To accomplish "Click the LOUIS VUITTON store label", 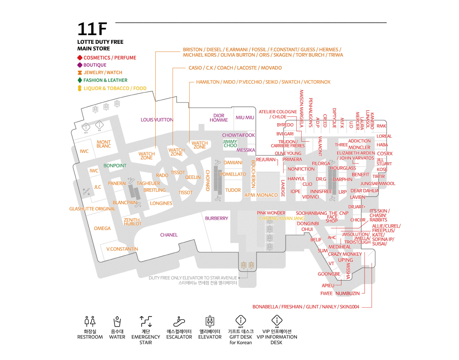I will (x=157, y=120).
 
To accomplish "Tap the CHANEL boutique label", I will (x=169, y=235).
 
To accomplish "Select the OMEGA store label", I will (x=102, y=228).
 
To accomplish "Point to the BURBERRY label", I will (x=217, y=218).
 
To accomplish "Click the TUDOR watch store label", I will (x=233, y=190).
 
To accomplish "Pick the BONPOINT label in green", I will (x=115, y=165).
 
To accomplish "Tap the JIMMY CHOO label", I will (x=230, y=143).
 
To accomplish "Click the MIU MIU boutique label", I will (x=245, y=118).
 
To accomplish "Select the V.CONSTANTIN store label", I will (x=122, y=249).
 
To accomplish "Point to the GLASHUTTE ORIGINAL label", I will (x=92, y=209).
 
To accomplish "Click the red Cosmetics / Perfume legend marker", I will (x=79, y=57).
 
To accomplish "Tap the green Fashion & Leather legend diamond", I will (x=79, y=80).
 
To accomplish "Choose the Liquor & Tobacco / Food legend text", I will (x=115, y=88).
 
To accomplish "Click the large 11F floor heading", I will (x=91, y=29).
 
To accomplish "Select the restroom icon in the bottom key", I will (x=90, y=321).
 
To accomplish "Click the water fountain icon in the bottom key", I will (x=117, y=321).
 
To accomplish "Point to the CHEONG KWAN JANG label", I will (x=282, y=218).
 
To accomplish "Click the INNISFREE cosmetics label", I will (x=321, y=191).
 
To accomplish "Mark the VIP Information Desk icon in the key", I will (x=277, y=321).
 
